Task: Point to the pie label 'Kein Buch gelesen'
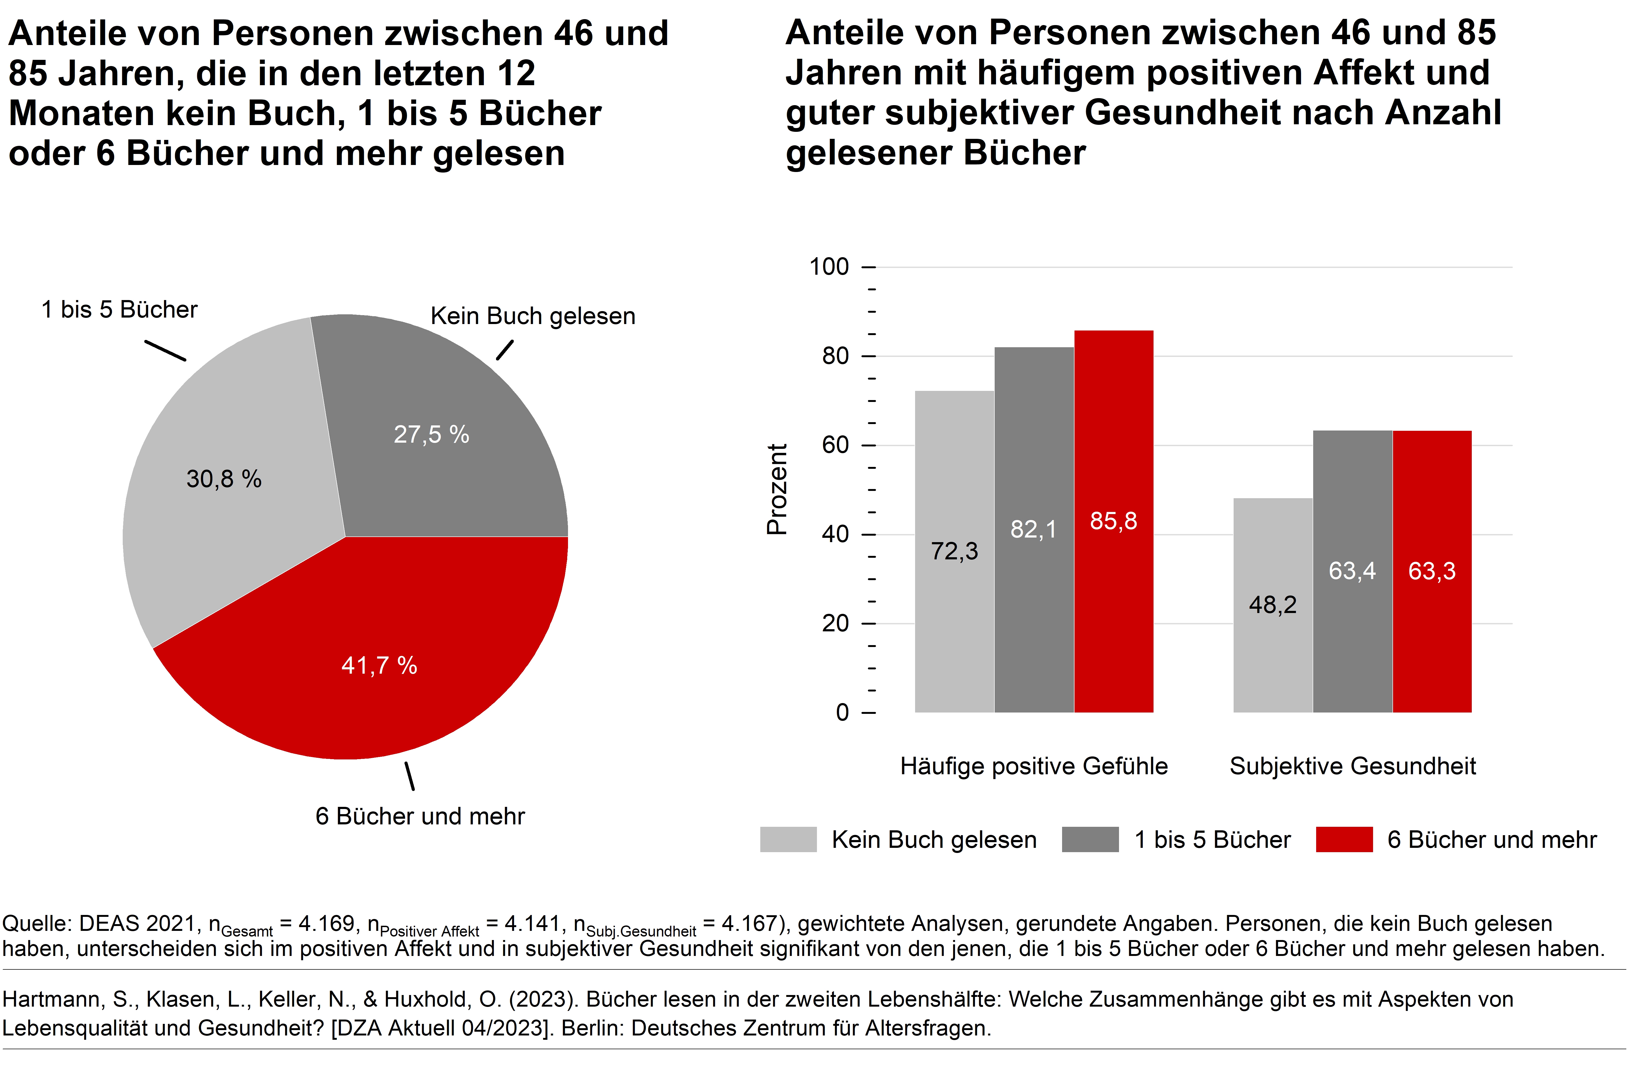(532, 316)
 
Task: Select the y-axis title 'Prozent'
(777, 489)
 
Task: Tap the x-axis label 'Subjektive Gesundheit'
(1353, 766)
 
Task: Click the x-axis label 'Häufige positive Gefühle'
(1033, 766)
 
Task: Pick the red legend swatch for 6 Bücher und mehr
(1344, 839)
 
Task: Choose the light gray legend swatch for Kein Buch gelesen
(788, 839)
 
